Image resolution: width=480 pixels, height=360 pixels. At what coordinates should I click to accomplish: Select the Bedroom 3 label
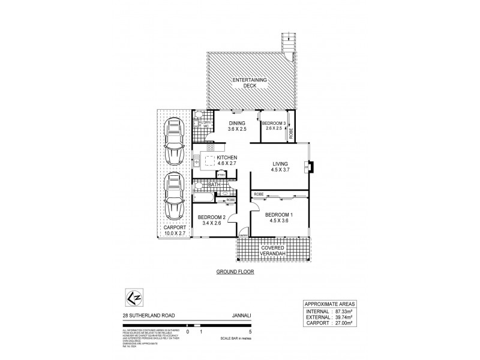coord(274,125)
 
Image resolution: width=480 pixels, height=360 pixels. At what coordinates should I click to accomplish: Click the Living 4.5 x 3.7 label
coord(280,167)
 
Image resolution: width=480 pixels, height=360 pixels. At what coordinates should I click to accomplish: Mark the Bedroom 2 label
coord(211,220)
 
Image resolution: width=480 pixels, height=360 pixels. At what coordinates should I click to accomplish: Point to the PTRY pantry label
coord(221,175)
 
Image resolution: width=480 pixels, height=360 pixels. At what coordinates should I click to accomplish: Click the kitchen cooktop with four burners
coord(210,147)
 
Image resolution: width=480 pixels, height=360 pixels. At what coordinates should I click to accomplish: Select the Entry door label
coord(243,236)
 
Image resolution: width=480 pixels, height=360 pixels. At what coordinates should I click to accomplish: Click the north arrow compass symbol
coord(133,296)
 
